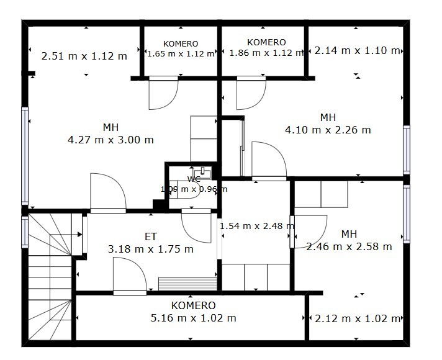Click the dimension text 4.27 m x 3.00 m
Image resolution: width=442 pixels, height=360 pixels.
coord(110,140)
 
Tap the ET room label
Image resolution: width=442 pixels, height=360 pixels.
coord(150,236)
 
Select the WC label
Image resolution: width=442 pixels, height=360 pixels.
coord(194,179)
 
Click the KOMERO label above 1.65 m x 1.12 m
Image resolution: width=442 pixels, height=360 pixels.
coord(181,43)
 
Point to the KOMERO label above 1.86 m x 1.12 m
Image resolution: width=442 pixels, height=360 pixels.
coord(266,42)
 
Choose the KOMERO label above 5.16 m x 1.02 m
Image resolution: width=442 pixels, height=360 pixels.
coord(194,305)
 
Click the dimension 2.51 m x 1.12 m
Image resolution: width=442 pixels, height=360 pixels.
coord(84,56)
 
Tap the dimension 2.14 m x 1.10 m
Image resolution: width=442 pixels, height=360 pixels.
coord(357,50)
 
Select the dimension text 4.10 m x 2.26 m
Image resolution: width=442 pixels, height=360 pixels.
coord(328,130)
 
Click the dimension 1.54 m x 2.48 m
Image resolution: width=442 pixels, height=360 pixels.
coord(257,226)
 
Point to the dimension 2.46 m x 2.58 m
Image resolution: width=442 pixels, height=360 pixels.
coord(349,246)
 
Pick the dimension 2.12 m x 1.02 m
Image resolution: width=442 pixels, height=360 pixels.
coord(358,318)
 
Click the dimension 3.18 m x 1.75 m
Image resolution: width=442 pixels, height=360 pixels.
coord(150,249)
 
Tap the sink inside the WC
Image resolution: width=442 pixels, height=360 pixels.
coord(202,173)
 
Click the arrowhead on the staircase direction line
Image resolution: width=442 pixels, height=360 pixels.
coord(80,234)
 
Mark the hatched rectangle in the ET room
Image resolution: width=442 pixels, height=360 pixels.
coord(187,284)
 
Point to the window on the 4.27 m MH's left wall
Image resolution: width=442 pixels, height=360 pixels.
coord(25,156)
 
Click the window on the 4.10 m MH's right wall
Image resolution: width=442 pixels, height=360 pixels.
coord(406,150)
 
